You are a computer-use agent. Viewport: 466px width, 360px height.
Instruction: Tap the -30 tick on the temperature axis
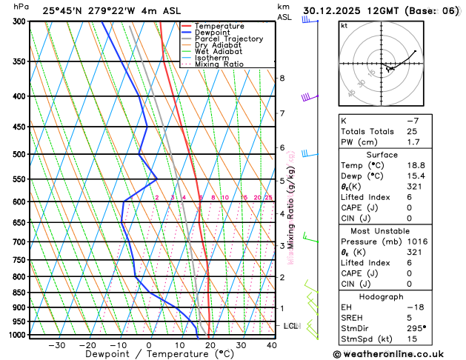[57, 345]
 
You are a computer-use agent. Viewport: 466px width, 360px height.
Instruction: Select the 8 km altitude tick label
[282, 78]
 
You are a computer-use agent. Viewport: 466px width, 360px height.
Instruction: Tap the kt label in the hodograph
[344, 26]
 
